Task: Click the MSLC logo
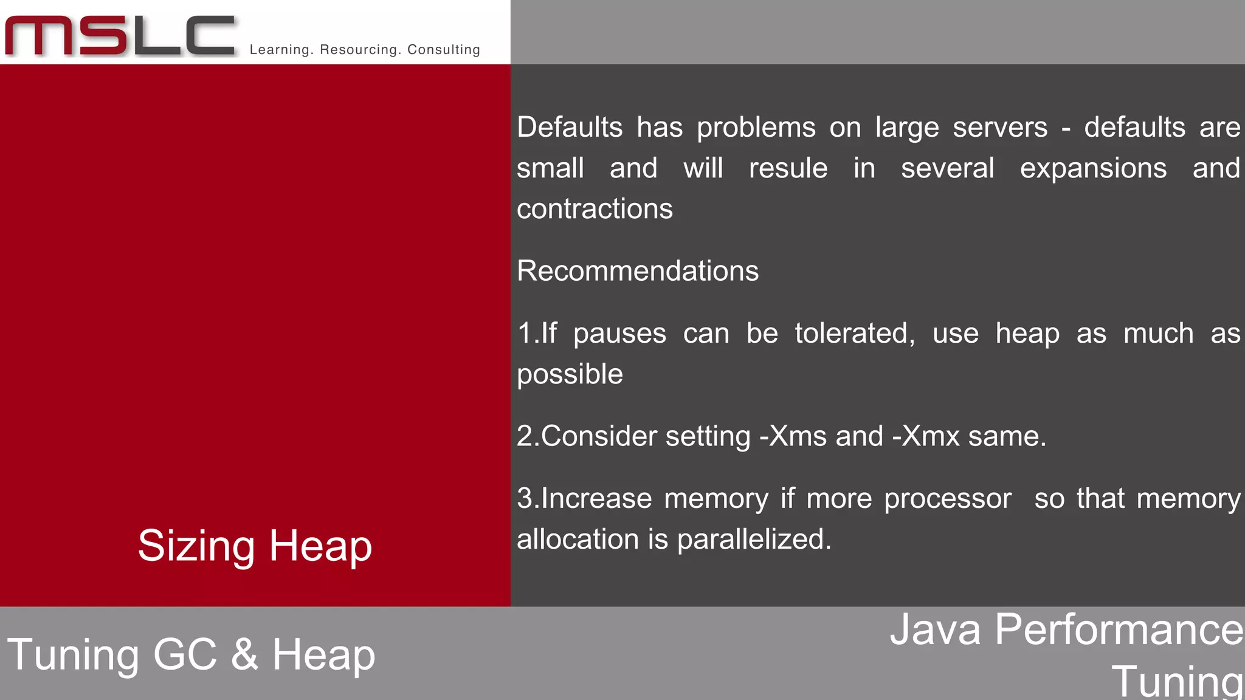coord(120,35)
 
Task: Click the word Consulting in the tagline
coord(443,50)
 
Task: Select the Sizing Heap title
coord(255,546)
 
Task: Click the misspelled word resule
coord(788,168)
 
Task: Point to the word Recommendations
coord(637,271)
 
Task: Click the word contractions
coord(595,209)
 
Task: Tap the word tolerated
coord(854,334)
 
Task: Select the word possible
coord(570,374)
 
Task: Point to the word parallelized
coord(754,540)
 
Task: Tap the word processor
coord(947,499)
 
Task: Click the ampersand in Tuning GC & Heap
coord(244,654)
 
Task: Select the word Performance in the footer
coord(1119,630)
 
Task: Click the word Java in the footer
coord(935,630)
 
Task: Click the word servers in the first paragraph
coord(999,128)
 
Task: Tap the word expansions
coord(1093,168)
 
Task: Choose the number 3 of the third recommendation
coord(525,499)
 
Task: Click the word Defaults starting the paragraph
coord(570,128)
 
